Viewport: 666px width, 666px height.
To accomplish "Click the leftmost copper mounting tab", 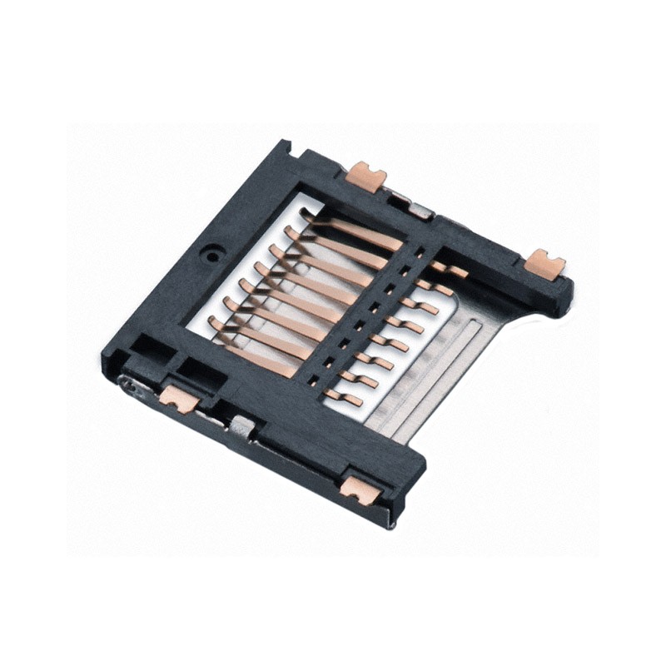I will (179, 399).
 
